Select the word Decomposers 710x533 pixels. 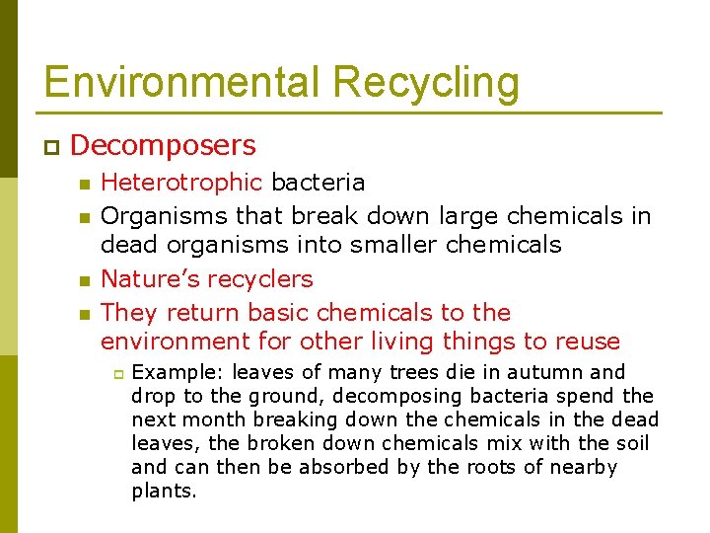(x=164, y=146)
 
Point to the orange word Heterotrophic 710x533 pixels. (x=182, y=183)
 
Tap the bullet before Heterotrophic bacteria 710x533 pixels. (x=85, y=184)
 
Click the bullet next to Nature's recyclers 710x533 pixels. (x=85, y=280)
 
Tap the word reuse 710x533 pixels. (x=588, y=343)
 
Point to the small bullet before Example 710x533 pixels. (x=115, y=373)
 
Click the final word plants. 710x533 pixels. (x=164, y=491)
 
